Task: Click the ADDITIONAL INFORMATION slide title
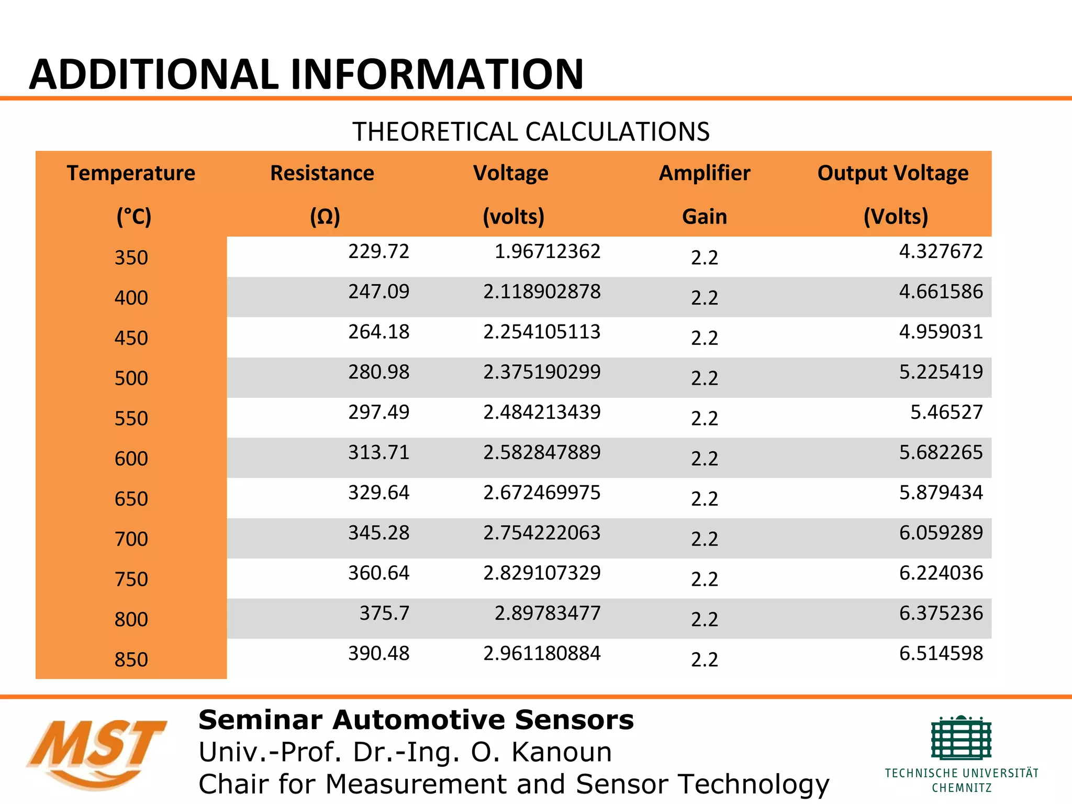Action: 306,74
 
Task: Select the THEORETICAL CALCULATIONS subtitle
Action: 531,131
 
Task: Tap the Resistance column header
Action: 322,173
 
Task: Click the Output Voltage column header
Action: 893,173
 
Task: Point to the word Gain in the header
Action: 704,217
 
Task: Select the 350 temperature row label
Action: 131,258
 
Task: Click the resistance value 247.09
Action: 378,292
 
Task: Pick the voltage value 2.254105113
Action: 542,332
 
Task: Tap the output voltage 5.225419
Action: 941,372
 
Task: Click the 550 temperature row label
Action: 131,419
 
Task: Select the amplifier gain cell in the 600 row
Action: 704,459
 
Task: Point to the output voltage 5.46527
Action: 946,412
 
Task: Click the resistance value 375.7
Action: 384,613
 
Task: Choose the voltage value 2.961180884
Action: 542,653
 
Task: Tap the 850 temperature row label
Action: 131,660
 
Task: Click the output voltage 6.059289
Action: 941,533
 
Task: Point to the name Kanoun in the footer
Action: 561,752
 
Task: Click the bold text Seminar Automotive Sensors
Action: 416,720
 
